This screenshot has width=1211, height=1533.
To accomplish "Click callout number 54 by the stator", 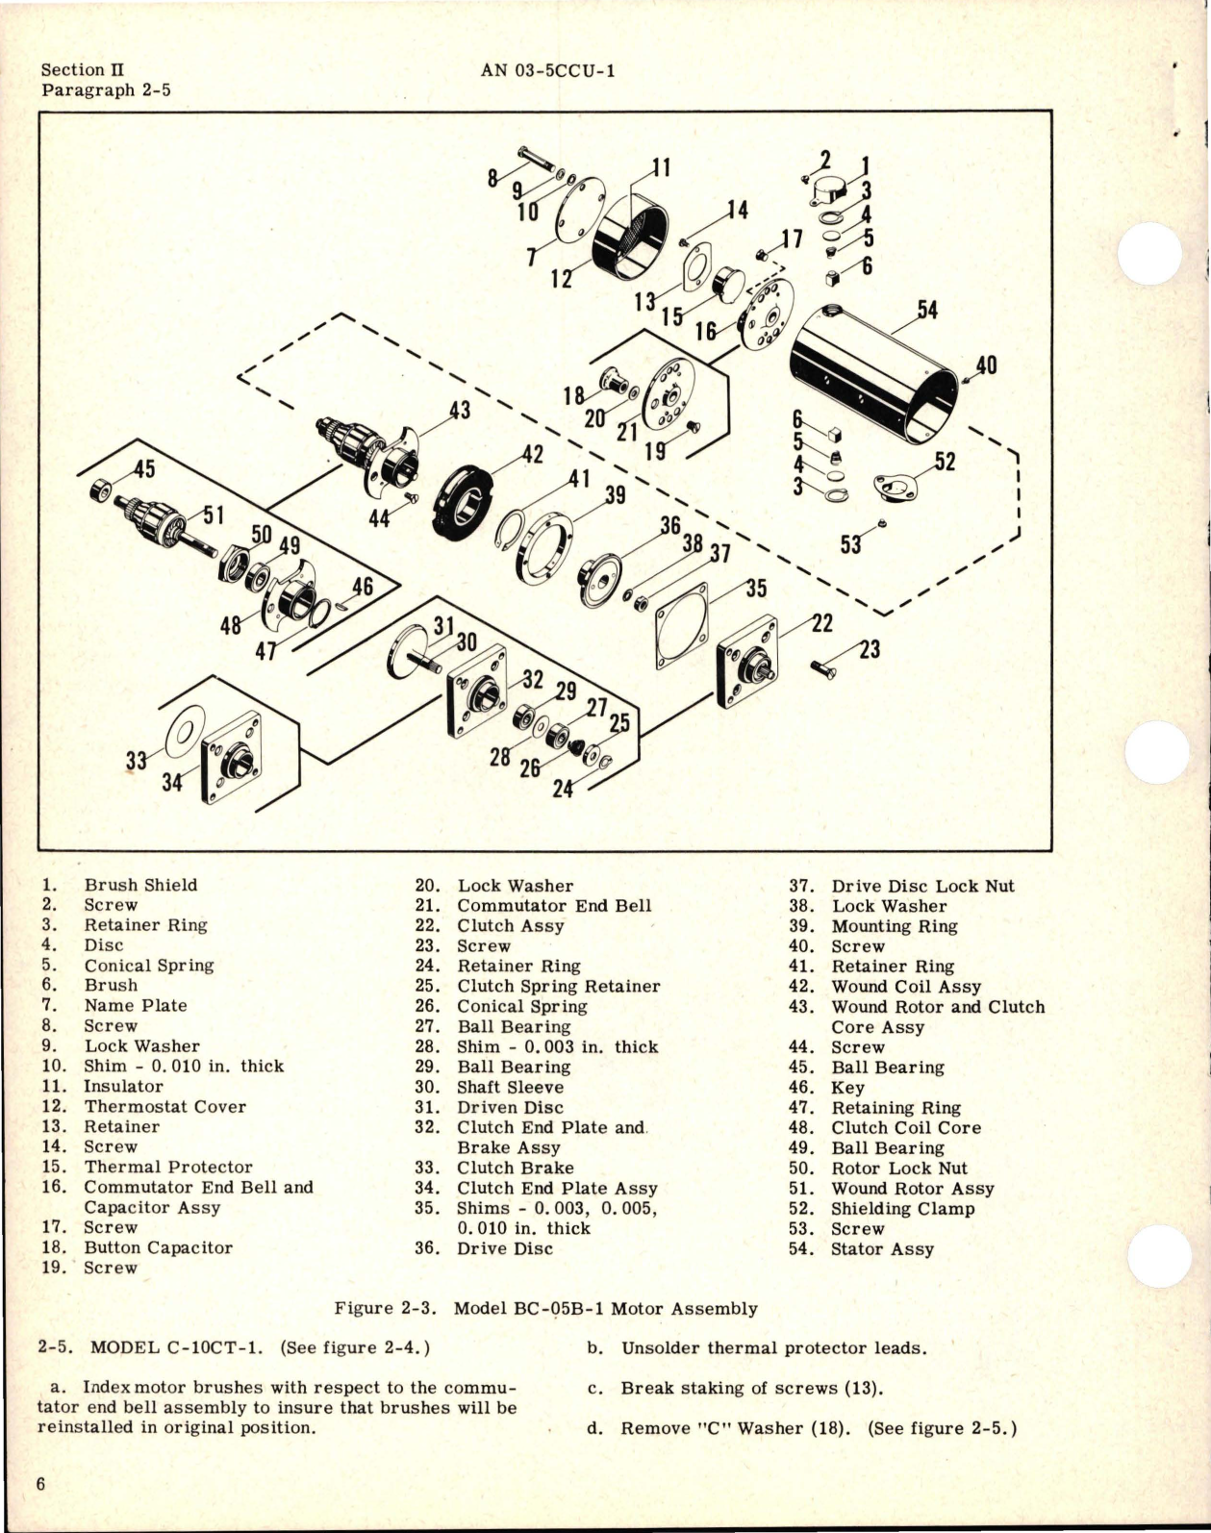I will click(x=927, y=311).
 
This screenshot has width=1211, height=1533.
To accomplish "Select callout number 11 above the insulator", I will click(x=661, y=167).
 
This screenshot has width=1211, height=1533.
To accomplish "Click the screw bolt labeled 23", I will click(x=823, y=666).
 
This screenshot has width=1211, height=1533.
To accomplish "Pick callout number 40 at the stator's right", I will click(x=986, y=365).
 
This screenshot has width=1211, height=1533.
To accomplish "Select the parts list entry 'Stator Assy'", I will click(x=882, y=1248).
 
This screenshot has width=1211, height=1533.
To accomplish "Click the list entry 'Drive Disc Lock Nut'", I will click(x=922, y=886).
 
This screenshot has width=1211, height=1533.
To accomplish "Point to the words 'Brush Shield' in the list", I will click(x=140, y=885).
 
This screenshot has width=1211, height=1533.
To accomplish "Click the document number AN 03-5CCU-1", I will click(x=546, y=70).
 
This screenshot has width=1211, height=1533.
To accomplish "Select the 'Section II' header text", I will click(x=83, y=70).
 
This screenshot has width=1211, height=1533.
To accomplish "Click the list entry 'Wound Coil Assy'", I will click(x=906, y=986).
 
